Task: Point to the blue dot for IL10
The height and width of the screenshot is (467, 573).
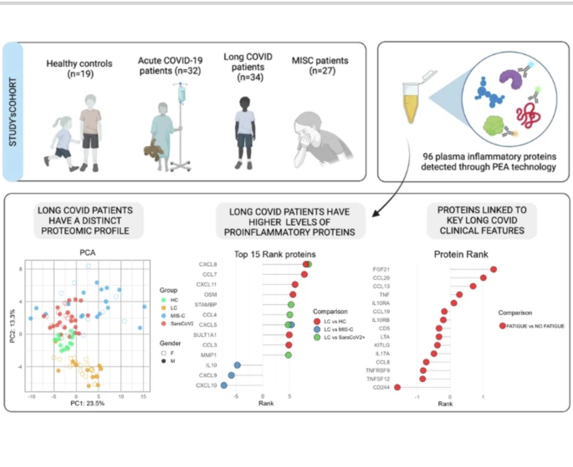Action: coord(237,365)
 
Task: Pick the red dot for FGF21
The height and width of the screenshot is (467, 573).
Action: coord(493,269)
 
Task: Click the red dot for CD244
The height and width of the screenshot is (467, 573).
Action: coord(397,387)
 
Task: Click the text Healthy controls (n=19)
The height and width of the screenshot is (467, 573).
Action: coord(79,69)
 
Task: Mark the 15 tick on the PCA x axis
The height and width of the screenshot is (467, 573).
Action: coord(144,395)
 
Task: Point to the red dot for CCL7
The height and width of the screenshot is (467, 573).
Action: coord(304,274)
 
